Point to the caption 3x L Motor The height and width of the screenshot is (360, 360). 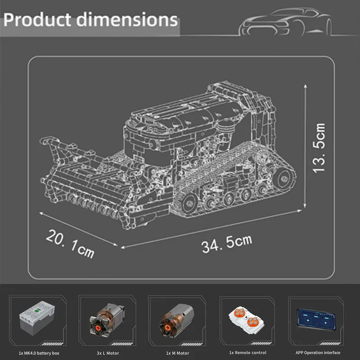point(107,353)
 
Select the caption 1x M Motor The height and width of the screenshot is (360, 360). point(177,353)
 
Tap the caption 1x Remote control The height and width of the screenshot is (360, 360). point(247,353)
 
